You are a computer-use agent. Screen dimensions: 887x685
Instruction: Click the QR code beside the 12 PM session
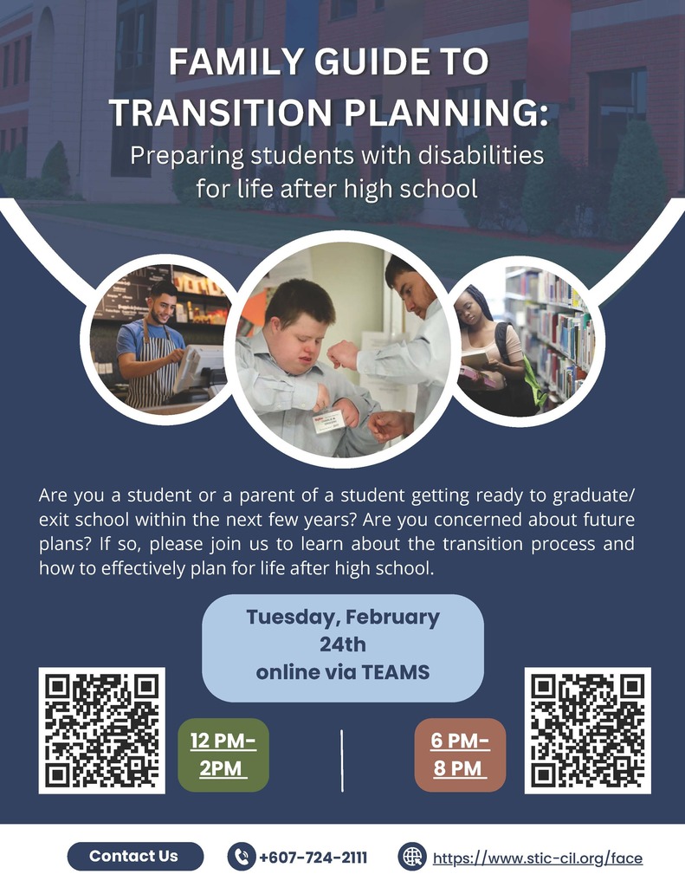(x=102, y=729)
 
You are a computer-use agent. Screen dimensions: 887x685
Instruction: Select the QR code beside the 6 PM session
(x=587, y=729)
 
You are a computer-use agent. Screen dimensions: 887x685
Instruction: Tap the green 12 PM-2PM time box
(x=223, y=754)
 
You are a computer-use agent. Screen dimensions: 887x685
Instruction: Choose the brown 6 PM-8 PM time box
(x=460, y=754)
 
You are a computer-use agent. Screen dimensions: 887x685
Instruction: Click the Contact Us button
(x=134, y=857)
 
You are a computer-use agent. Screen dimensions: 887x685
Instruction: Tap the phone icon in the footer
(x=240, y=858)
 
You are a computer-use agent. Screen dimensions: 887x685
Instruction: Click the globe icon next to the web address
(x=412, y=858)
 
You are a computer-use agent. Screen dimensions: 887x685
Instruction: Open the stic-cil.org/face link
(x=537, y=858)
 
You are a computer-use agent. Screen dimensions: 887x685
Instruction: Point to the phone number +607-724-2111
(x=313, y=858)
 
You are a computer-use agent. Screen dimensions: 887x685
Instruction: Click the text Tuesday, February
(x=342, y=618)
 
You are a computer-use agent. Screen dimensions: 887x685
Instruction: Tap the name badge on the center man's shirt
(x=330, y=418)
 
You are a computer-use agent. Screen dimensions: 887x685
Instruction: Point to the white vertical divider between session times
(x=342, y=760)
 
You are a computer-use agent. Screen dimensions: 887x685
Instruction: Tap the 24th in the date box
(x=342, y=645)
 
